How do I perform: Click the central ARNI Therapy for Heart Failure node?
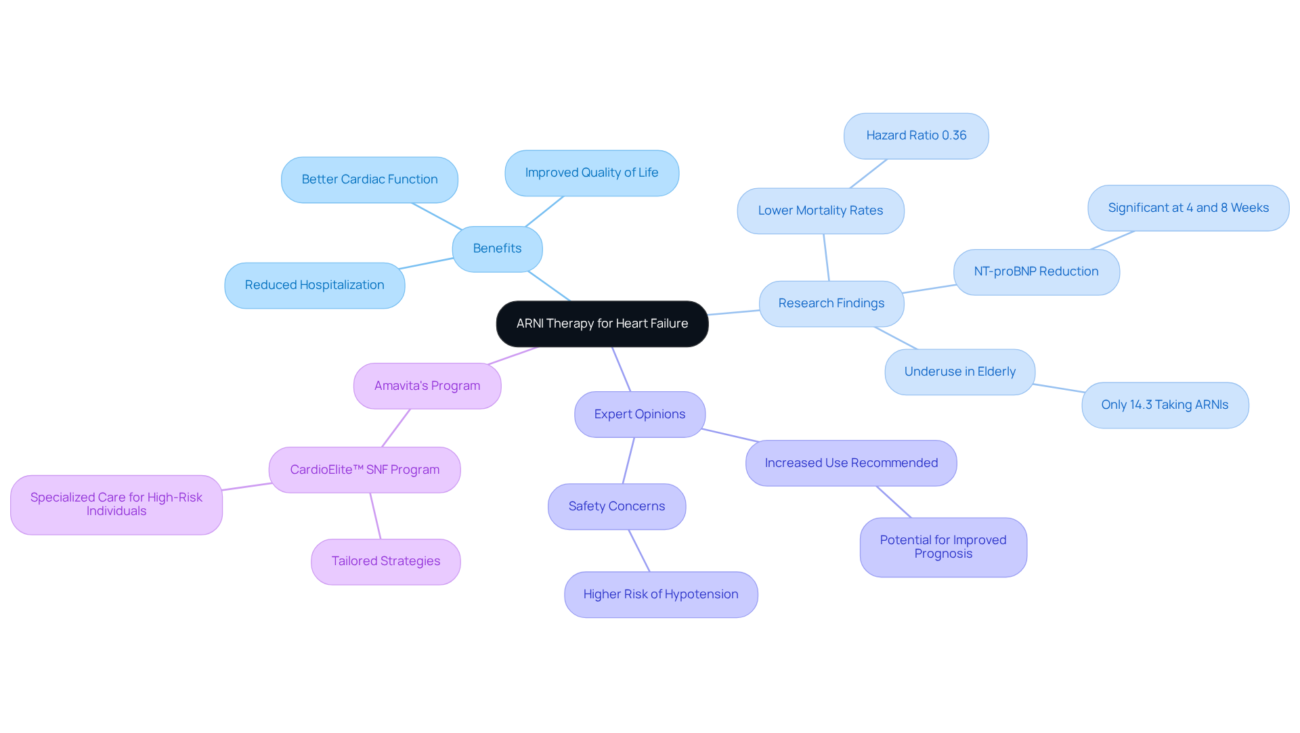[602, 324]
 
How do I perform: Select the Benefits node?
[497, 248]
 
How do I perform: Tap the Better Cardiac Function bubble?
[369, 179]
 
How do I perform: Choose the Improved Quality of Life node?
[591, 173]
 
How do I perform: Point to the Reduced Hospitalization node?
[314, 285]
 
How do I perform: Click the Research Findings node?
[831, 303]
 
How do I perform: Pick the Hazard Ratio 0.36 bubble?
[915, 135]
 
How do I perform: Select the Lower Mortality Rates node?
[820, 210]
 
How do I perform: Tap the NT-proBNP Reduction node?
[1035, 271]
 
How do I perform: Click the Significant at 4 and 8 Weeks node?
[1188, 208]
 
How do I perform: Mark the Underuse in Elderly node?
[959, 372]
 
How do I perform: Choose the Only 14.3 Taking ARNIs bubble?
[1165, 405]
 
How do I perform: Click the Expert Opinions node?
[639, 414]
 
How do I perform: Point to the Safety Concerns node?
[616, 506]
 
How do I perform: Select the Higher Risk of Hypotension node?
[660, 594]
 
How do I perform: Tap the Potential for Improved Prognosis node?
[942, 547]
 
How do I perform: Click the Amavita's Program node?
[427, 386]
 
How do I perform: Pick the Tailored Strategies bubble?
[385, 561]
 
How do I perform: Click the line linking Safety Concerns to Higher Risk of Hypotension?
[639, 551]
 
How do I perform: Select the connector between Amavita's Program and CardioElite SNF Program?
[396, 428]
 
